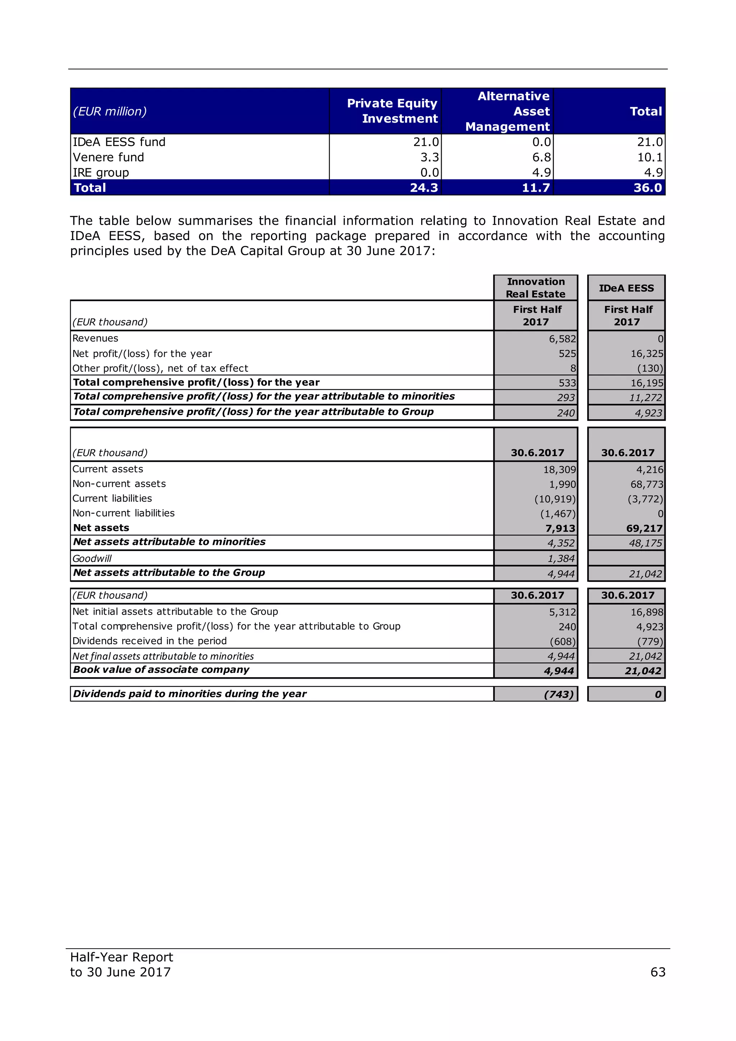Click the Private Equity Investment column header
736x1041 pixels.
pos(392,111)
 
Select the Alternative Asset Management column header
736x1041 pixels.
pos(507,111)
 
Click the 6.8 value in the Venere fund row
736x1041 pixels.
pos(541,157)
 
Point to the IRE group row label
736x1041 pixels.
pos(101,173)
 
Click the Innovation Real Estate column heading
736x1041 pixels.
pos(536,288)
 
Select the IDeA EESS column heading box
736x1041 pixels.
pos(626,288)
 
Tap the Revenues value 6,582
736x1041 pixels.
pos(562,339)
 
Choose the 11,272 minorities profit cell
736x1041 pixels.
pos(645,398)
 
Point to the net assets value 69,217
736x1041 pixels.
pos(644,528)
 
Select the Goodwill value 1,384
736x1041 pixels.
pos(561,559)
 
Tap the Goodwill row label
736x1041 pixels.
pos(92,559)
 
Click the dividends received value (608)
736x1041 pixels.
pos(562,642)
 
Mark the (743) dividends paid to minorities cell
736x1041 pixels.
pos(559,694)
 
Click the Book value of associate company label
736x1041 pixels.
pos(161,670)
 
